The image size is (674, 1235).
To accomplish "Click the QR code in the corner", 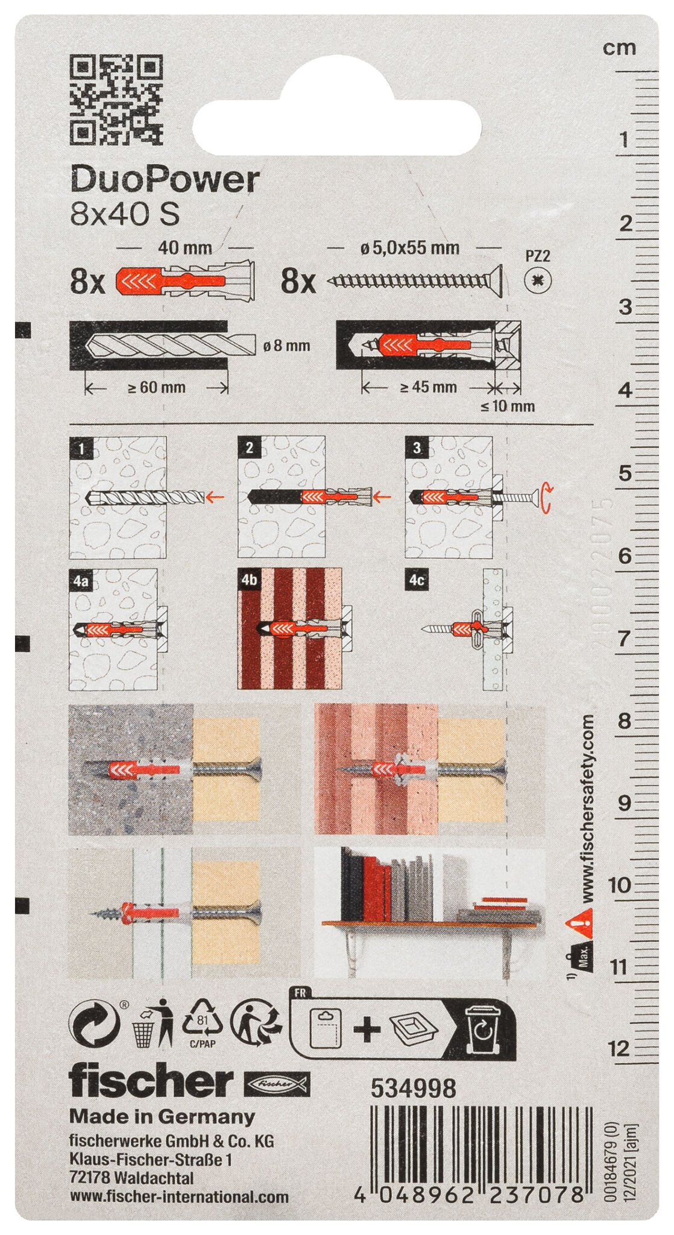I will pos(116,99).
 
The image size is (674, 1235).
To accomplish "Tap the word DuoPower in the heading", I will pos(165,180).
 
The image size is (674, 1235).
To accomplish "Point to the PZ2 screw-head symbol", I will pos(537,280).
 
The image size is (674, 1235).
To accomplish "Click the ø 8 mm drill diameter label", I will pos(286,346).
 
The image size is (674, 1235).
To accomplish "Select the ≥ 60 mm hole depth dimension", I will pos(156,388).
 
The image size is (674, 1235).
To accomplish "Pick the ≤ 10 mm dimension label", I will pos(508,406).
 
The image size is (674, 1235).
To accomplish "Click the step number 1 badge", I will pos(81,448).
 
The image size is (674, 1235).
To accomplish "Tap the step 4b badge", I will pos(249,580).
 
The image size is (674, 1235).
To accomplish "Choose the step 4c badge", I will pos(417,580).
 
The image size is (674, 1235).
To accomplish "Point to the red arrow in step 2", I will pos(382,497).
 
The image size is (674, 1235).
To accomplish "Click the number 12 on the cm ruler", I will pos(619,1049).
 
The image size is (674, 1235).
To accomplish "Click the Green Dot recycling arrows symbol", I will pos(94,1024).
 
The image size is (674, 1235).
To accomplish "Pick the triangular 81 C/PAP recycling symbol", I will pos(203,1022).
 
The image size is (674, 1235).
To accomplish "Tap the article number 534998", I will pos(413,1088).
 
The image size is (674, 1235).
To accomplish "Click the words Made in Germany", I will pos(162,1116).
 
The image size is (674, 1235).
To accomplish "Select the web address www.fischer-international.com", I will pos(179,1197).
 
